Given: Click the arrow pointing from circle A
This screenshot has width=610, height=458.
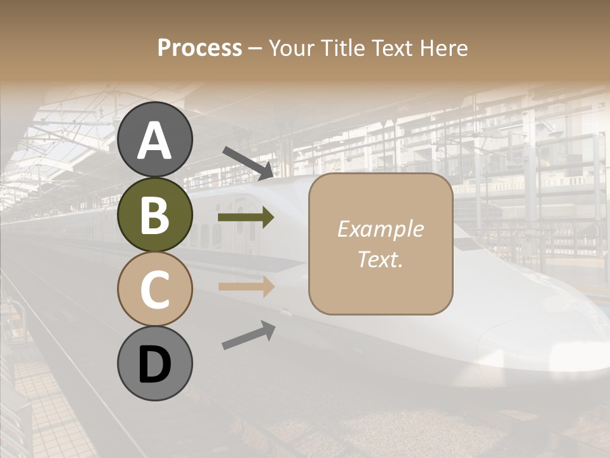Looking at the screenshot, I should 248,163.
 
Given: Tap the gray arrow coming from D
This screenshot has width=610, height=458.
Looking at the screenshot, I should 248,335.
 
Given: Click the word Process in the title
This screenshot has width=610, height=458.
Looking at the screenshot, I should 200,48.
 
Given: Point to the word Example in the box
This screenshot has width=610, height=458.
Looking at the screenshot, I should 380,229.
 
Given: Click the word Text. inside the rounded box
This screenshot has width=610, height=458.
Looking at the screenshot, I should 380,259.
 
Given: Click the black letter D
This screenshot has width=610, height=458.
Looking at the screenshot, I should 155,364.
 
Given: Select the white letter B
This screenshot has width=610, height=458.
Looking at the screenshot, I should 154,216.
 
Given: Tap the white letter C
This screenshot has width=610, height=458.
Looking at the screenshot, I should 154,289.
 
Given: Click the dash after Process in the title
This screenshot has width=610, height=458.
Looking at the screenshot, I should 255,48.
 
